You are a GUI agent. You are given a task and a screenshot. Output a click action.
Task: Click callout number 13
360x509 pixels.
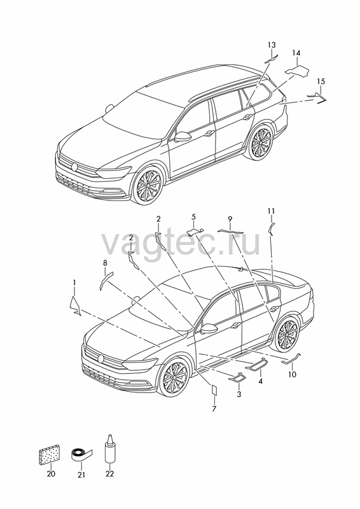tap(272, 45)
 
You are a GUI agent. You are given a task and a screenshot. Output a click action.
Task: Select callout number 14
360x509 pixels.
tap(296, 53)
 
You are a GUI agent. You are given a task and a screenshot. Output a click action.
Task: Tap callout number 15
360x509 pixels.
tap(321, 81)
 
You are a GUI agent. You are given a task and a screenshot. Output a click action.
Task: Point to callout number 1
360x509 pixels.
tap(74, 282)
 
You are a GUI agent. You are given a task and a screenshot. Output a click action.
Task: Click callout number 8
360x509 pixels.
tap(105, 263)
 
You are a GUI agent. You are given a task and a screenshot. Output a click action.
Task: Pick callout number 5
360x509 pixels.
tap(193, 216)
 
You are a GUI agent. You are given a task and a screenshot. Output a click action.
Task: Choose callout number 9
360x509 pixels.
tap(230, 219)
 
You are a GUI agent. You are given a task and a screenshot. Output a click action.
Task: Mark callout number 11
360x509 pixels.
tap(272, 211)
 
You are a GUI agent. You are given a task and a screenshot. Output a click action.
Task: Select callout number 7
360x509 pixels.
tap(214, 409)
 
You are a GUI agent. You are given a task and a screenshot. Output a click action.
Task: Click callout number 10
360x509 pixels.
tap(292, 374)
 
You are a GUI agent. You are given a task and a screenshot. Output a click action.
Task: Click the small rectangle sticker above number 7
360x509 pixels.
tap(214, 389)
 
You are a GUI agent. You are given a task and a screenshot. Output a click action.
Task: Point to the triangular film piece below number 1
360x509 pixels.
tap(74, 305)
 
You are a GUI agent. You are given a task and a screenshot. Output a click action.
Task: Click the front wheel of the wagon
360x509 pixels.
tap(148, 186)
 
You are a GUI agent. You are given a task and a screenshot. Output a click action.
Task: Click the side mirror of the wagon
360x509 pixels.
tap(183, 137)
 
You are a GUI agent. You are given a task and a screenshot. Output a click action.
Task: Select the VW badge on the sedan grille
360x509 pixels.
tap(101, 359)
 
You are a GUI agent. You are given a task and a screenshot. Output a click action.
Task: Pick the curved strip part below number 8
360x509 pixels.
tap(104, 280)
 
